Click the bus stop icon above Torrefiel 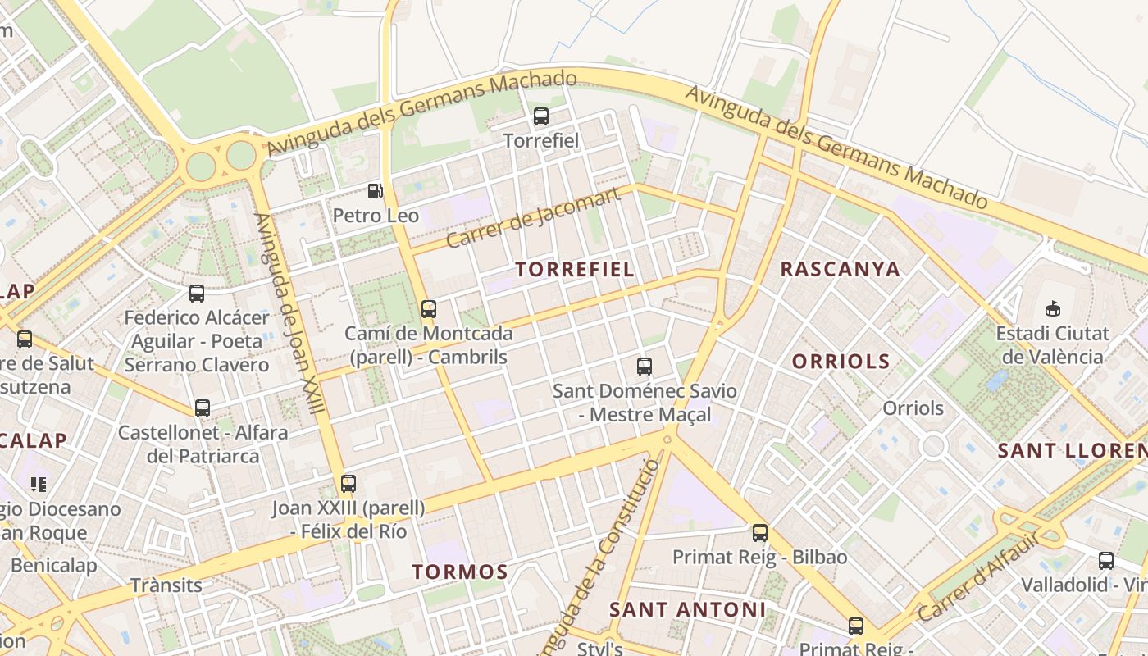540,116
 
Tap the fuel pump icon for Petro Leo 375,191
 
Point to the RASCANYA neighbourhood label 840,269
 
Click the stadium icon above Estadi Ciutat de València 1053,309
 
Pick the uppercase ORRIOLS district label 840,361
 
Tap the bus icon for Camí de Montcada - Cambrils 428,309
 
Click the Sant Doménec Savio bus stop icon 645,367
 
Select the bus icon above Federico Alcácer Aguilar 197,294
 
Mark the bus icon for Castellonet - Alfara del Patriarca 203,408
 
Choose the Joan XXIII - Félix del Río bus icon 348,484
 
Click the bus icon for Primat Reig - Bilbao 760,533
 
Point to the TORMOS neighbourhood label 460,572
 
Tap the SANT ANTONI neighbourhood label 687,609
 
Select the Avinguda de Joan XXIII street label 290,328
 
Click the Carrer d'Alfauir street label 977,576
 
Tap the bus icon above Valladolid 1106,561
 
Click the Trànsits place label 166,585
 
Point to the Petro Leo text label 376,216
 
